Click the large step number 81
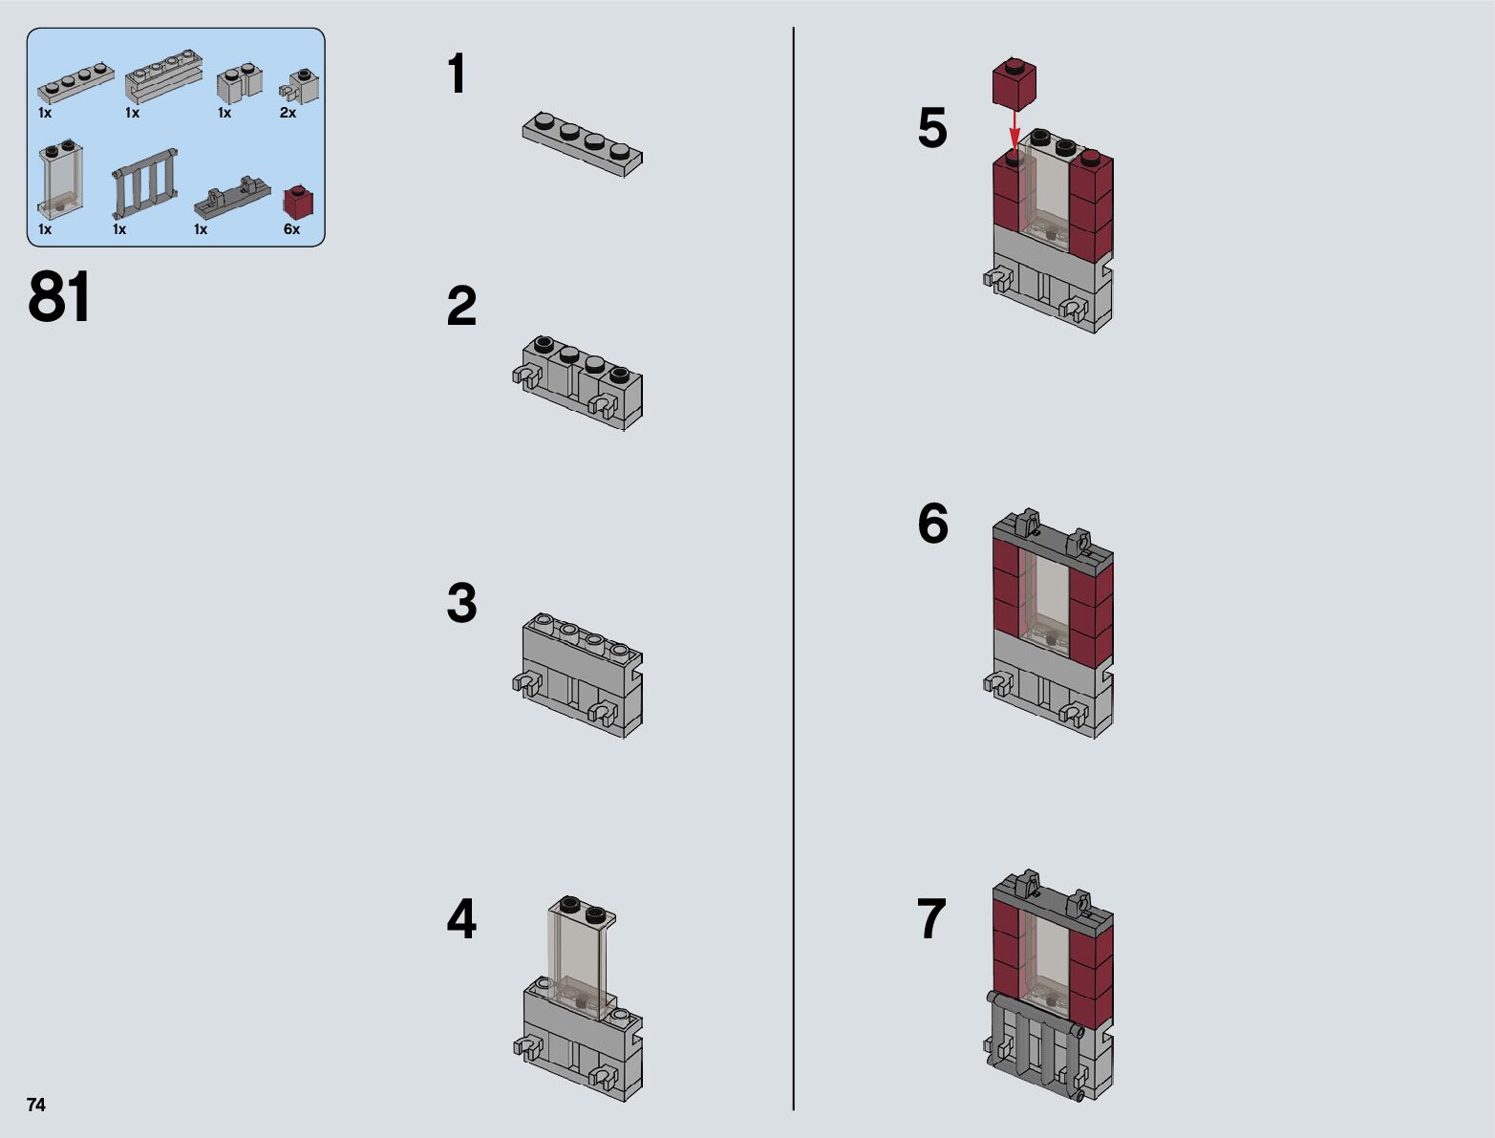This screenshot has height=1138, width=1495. (59, 296)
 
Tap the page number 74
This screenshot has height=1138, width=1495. (36, 1105)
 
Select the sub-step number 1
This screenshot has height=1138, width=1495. (457, 74)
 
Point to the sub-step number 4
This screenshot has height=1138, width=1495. (461, 918)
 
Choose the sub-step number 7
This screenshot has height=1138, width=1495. (931, 918)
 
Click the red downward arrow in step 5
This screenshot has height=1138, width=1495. (1014, 130)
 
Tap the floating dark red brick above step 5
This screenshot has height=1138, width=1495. (1014, 83)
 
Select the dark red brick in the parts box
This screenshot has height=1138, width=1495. (298, 202)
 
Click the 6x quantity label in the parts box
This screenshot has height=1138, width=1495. (291, 229)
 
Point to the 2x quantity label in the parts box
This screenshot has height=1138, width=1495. (288, 113)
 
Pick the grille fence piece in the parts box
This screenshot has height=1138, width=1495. (145, 183)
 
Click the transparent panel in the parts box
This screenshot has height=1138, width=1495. (61, 180)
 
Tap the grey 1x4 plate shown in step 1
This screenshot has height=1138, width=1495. (583, 143)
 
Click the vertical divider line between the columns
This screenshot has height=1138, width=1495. (794, 569)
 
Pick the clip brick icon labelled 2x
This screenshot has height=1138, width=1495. (299, 86)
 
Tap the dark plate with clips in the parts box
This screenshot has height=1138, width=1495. (232, 198)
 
